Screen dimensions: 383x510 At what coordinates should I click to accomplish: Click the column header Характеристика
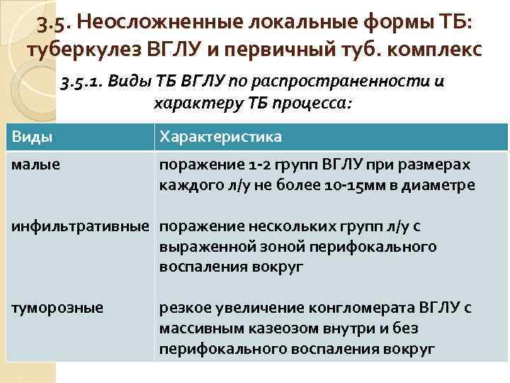tap(220, 136)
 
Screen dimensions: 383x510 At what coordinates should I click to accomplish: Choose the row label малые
tap(34, 165)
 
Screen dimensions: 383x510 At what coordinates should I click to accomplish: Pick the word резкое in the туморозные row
tap(183, 308)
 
